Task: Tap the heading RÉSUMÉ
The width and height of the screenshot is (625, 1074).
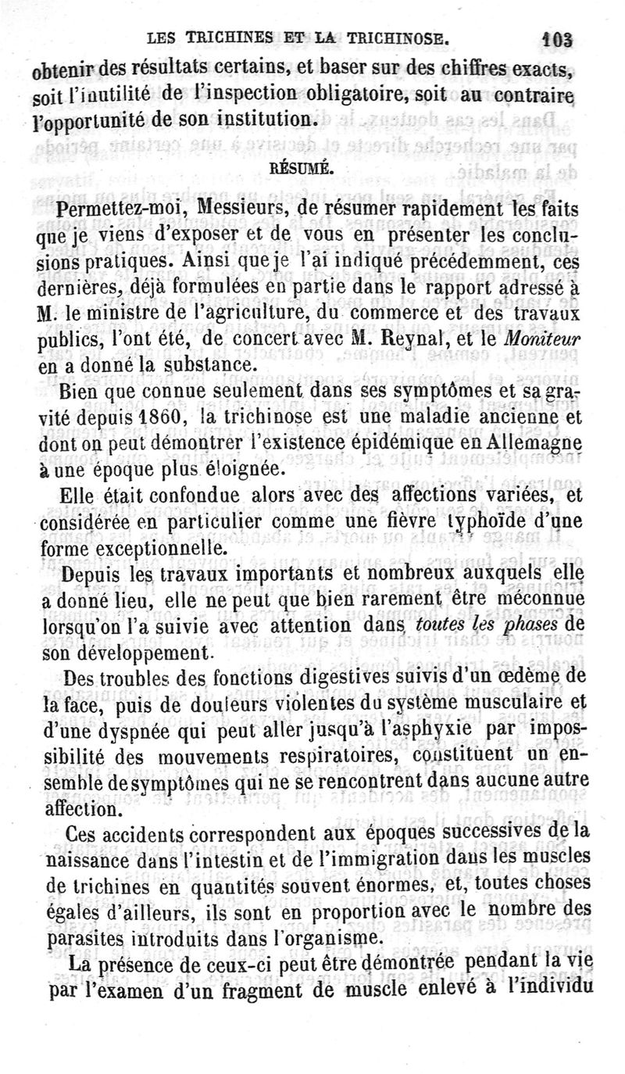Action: pyautogui.click(x=291, y=167)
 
